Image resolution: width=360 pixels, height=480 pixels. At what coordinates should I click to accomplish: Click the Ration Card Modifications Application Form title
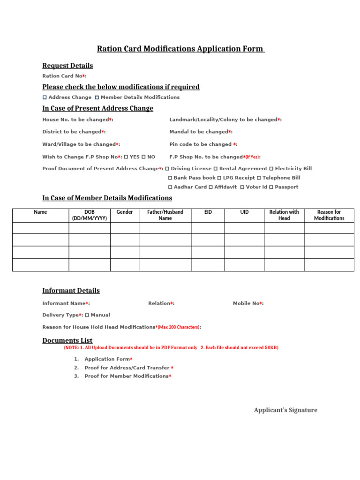click(180, 49)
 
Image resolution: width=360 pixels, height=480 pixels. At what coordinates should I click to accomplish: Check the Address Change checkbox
click(45, 97)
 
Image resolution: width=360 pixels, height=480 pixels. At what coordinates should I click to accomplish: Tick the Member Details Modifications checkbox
click(97, 97)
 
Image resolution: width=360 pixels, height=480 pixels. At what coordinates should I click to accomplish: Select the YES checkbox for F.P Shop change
click(126, 157)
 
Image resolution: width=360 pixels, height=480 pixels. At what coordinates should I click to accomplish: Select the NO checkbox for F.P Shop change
click(143, 157)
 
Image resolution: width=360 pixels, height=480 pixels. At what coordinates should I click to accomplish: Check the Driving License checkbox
click(167, 168)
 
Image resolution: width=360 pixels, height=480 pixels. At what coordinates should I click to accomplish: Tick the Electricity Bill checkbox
click(271, 168)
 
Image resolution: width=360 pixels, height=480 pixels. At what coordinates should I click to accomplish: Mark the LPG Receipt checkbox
click(219, 178)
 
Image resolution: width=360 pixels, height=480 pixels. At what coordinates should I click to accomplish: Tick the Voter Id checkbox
click(242, 187)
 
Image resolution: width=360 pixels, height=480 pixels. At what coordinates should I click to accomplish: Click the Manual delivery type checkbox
click(87, 315)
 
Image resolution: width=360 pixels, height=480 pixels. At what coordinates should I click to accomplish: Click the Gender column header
click(125, 212)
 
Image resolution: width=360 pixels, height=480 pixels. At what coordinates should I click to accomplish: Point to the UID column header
click(244, 212)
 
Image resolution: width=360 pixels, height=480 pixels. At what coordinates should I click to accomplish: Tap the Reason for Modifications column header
click(329, 215)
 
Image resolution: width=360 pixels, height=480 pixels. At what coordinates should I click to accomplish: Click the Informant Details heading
click(71, 291)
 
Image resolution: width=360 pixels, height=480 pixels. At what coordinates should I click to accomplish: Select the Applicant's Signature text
click(285, 410)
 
